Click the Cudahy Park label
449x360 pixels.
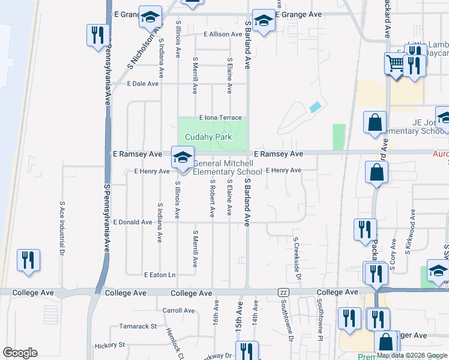(x=208, y=137)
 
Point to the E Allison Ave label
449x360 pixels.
(x=223, y=34)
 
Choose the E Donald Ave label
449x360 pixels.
(x=132, y=222)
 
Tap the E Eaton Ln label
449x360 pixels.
(x=159, y=275)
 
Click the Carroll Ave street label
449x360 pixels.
(x=179, y=311)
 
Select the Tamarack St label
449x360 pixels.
(x=137, y=327)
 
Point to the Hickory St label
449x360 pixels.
(x=109, y=345)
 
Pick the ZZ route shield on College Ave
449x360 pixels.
(x=284, y=292)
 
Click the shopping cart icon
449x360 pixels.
(x=395, y=63)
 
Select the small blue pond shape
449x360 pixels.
(x=315, y=107)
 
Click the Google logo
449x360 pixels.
(x=20, y=353)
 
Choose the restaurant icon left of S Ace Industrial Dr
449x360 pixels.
(x=28, y=261)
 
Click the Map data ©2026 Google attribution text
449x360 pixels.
(x=412, y=356)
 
